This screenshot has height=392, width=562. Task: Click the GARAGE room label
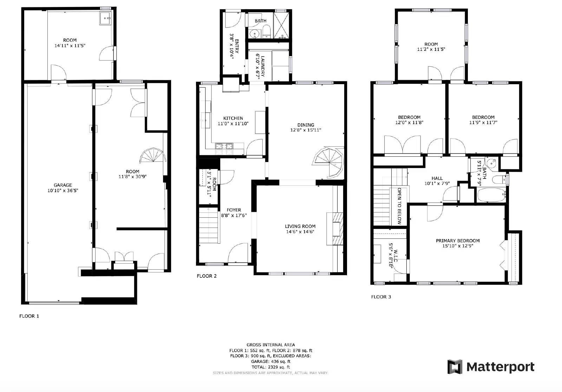tap(63, 185)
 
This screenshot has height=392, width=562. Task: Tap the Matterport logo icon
tap(455, 367)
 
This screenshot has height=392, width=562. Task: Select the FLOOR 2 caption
tap(207, 276)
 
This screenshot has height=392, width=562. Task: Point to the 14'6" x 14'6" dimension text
tap(300, 232)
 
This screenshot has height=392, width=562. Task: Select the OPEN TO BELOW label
tap(399, 206)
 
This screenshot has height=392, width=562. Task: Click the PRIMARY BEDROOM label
tap(457, 241)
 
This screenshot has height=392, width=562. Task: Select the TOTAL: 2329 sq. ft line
tap(270, 367)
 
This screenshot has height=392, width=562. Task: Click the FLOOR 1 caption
tap(29, 316)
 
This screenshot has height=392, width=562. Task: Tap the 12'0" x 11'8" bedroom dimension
tap(409, 123)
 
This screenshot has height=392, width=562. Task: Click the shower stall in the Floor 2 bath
tap(282, 25)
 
